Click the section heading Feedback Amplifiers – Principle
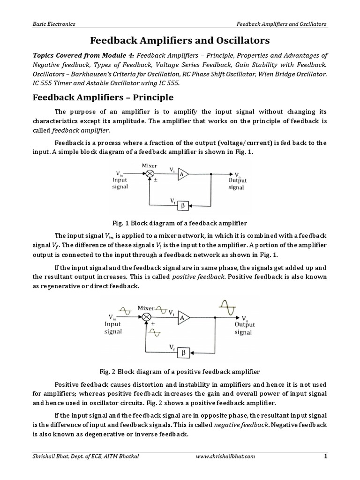pos(102,97)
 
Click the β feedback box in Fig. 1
pos(183,205)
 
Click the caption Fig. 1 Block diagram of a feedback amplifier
pos(180,223)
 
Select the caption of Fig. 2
pos(180,372)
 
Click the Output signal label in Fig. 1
pos(237,183)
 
